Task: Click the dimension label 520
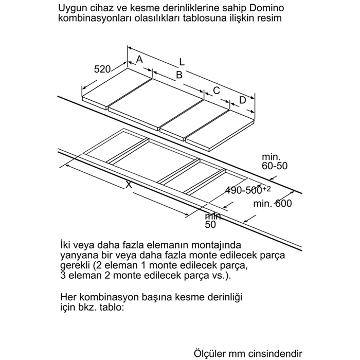coord(103,69)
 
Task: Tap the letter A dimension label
coord(139,60)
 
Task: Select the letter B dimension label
coord(179,75)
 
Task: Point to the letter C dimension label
coord(217,90)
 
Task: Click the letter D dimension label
coord(243,100)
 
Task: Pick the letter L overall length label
coord(182,62)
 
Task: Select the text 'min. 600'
coord(273,204)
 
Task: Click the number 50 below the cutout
coord(211,224)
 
